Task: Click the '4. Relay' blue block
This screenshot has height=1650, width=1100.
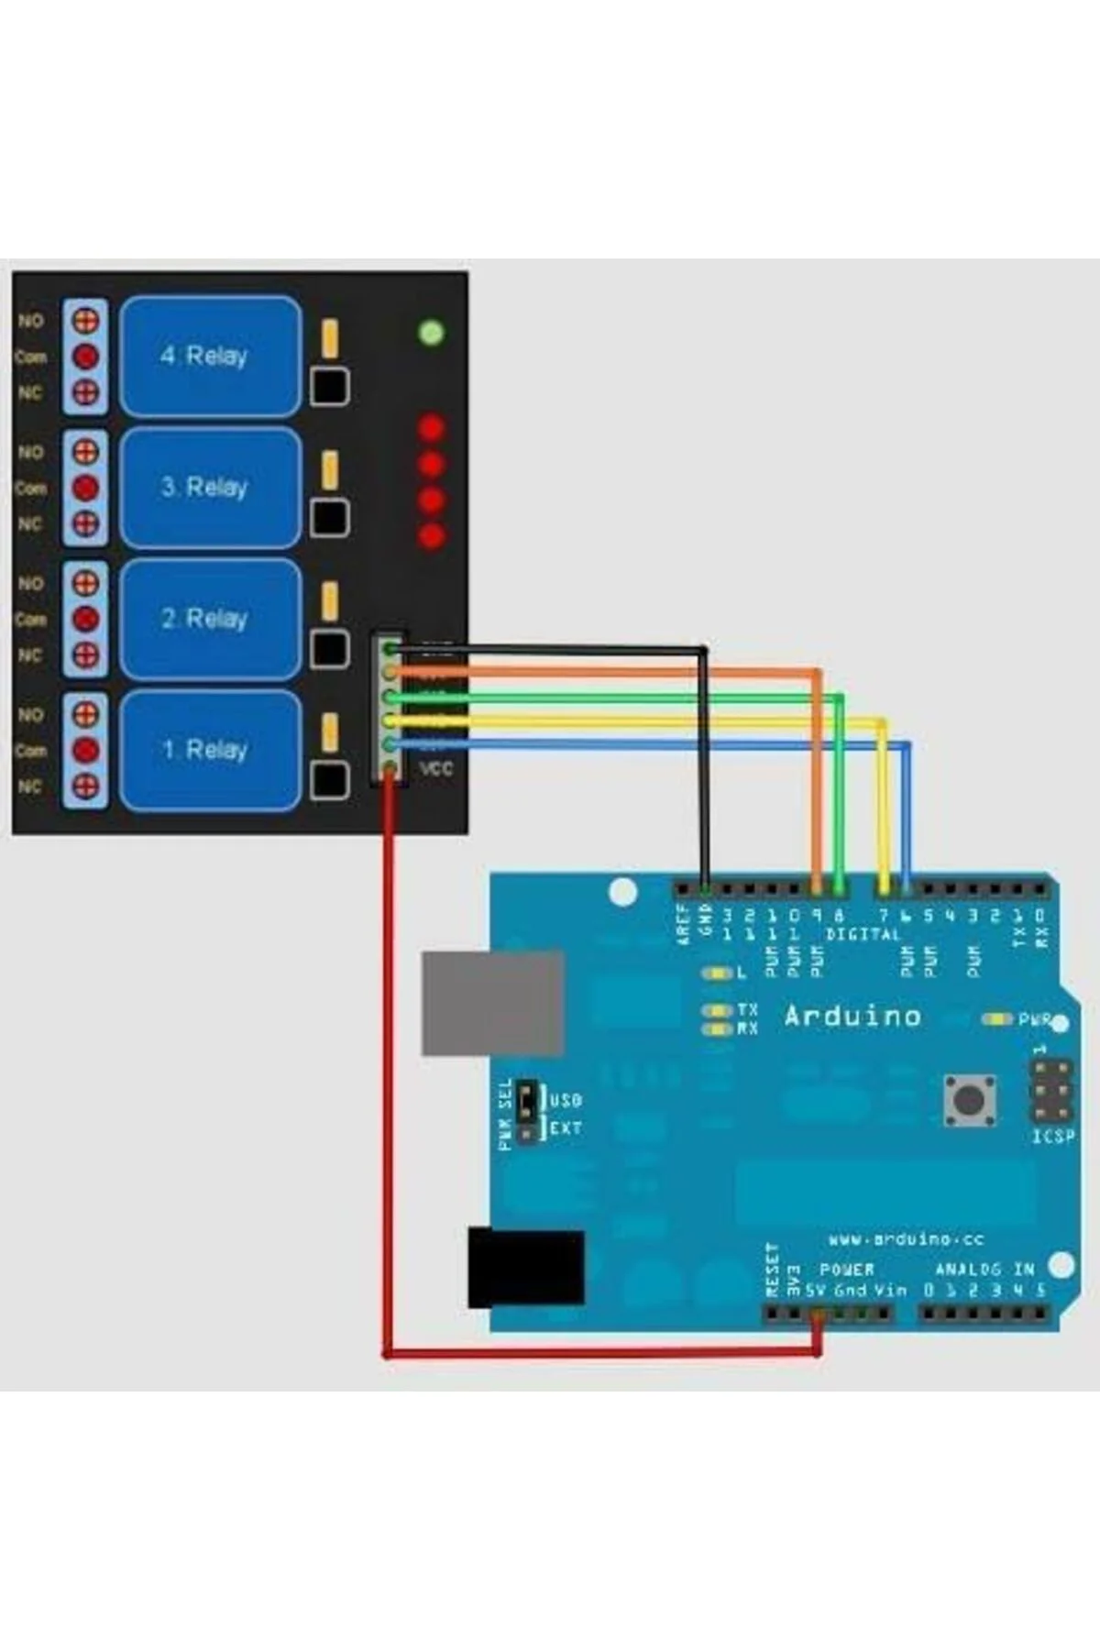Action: tap(210, 356)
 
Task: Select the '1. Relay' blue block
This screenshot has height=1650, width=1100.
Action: tap(210, 750)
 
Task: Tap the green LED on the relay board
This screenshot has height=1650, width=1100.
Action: tap(432, 332)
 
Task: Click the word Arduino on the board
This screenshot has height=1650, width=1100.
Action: tap(852, 1016)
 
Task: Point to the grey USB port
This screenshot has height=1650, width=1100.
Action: tap(492, 1003)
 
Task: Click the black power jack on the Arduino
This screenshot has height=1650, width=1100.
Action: tap(525, 1268)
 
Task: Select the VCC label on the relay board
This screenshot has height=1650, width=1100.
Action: tap(436, 768)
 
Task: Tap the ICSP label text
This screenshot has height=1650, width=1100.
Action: tap(1052, 1137)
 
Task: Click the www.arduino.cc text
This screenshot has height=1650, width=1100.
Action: tap(906, 1239)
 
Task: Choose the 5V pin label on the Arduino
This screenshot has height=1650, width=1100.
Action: tap(815, 1290)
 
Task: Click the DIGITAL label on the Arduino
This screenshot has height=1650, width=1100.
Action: tap(863, 934)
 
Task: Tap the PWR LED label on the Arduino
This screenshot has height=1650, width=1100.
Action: tap(1034, 1019)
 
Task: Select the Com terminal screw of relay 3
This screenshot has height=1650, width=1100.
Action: tap(85, 488)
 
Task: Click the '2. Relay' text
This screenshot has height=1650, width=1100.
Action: tap(205, 619)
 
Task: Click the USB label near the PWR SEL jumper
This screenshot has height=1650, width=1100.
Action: tap(566, 1099)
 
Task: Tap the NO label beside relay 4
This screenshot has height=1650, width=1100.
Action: tap(30, 321)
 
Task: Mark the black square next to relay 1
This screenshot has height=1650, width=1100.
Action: tap(329, 781)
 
